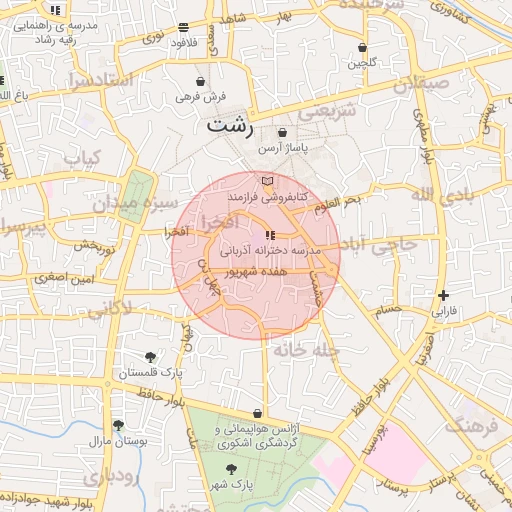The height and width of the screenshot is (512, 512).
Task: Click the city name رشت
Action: tap(231, 127)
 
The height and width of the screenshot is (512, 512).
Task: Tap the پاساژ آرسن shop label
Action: tap(282, 148)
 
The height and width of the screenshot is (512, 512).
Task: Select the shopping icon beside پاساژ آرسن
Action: tap(282, 132)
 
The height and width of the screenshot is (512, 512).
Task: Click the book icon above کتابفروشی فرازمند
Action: tap(266, 181)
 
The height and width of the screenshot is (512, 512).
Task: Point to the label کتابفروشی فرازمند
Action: tap(267, 198)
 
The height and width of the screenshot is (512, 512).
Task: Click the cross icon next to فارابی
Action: tap(443, 295)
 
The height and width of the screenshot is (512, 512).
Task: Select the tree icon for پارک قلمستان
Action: tap(150, 356)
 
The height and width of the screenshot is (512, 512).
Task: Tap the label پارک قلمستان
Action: tap(149, 373)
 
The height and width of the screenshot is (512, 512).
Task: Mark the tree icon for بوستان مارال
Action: tap(118, 425)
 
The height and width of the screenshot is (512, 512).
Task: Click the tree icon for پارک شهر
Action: tap(231, 468)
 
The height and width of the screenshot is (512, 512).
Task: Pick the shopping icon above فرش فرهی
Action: tap(202, 81)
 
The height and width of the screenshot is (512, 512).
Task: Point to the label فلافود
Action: tap(183, 43)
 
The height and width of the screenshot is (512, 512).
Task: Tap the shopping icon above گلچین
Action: tap(362, 47)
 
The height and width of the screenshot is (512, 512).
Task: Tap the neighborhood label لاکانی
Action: tap(108, 311)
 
